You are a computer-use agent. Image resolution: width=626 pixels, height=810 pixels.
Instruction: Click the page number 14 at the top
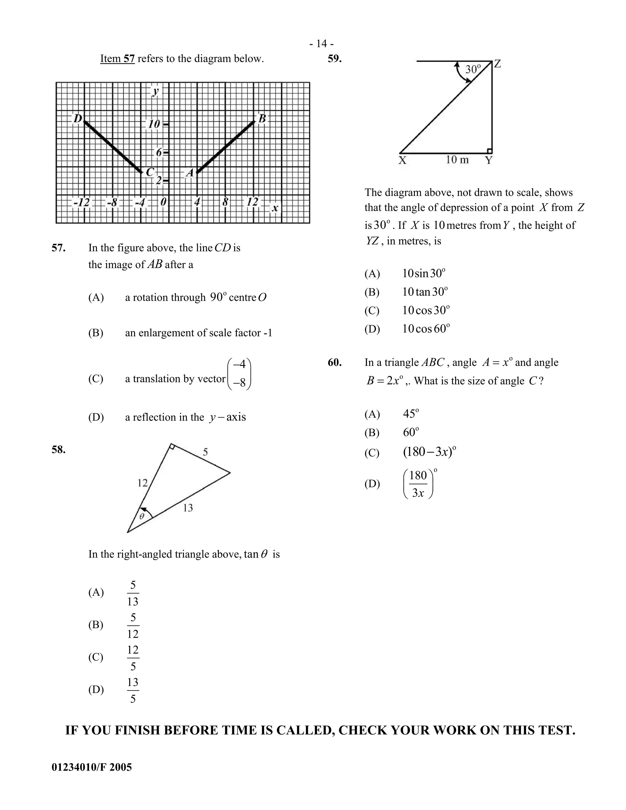[322, 44]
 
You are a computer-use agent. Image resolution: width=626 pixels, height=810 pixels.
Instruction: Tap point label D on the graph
[78, 119]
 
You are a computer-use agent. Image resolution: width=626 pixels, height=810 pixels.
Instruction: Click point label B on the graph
[262, 119]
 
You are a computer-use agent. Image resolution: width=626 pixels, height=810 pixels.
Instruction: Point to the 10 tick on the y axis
[154, 124]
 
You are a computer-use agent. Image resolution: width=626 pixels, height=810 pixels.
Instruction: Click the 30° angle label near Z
[473, 69]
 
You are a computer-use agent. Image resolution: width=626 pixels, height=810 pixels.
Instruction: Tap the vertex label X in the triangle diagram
[402, 160]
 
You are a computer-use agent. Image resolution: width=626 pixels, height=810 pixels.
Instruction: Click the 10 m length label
[457, 160]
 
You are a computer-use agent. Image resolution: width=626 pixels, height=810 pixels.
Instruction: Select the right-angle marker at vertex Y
[490, 151]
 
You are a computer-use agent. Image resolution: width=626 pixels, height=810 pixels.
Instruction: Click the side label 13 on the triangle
[188, 508]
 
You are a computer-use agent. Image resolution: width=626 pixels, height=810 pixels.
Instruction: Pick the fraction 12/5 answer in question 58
[133, 658]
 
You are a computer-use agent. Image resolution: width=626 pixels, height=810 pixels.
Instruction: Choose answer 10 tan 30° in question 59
[425, 292]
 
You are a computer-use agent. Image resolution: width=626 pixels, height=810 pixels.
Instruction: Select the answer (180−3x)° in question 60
[429, 452]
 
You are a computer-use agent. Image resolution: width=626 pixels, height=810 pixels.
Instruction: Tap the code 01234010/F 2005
[92, 767]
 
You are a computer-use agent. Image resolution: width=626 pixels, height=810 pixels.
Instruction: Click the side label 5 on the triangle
[205, 452]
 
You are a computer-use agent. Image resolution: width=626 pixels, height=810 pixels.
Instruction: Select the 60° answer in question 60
[411, 433]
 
